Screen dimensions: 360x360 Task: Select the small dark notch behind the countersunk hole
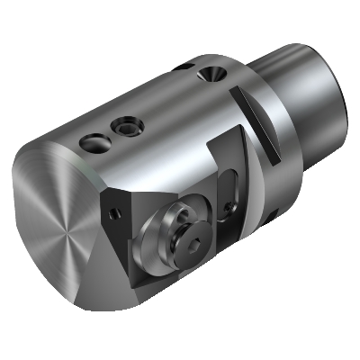(185, 67)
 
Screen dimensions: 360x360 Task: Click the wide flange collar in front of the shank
(270, 135)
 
